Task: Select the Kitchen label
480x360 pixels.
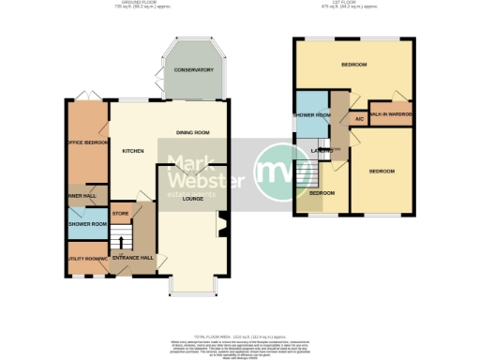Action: (131, 150)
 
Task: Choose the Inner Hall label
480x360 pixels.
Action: (82, 196)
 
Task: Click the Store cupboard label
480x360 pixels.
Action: (120, 214)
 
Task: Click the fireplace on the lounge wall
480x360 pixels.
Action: (222, 227)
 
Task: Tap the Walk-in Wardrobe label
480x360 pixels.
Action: (390, 114)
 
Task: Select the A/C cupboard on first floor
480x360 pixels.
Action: (358, 119)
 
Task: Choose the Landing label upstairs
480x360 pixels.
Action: (324, 150)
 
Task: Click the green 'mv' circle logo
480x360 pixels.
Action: (277, 172)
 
